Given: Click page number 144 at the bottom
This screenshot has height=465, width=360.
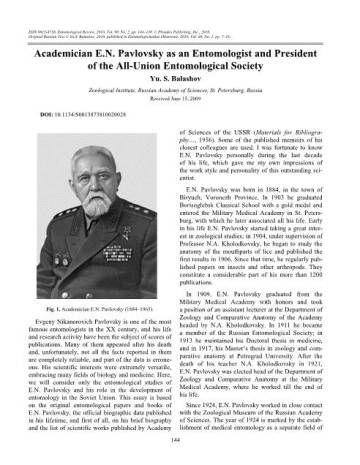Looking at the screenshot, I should tap(180, 455).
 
